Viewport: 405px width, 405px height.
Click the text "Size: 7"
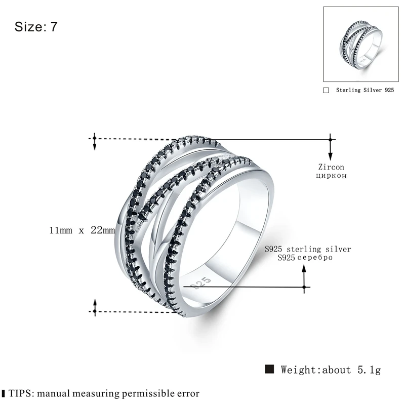click(x=36, y=27)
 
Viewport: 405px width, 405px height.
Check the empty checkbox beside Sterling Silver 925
click(x=326, y=90)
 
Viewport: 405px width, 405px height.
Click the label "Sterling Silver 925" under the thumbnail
click(x=364, y=90)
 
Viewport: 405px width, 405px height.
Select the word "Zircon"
click(x=331, y=167)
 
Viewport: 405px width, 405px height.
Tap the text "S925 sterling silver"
click(x=308, y=250)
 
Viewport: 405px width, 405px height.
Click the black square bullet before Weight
click(x=270, y=369)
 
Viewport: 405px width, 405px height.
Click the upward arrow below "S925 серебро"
click(x=304, y=276)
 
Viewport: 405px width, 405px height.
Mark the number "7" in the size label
click(x=54, y=27)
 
